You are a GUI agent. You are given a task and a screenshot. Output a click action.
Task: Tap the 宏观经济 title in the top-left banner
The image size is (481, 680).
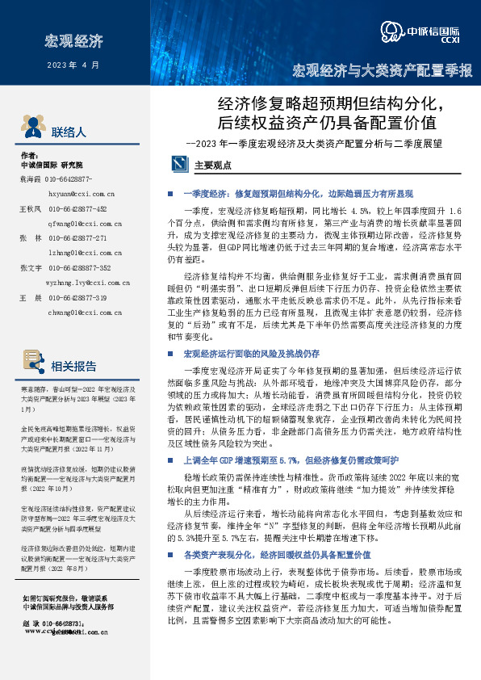click(74, 39)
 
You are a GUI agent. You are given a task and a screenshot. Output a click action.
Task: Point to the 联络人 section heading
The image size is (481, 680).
click(69, 131)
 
